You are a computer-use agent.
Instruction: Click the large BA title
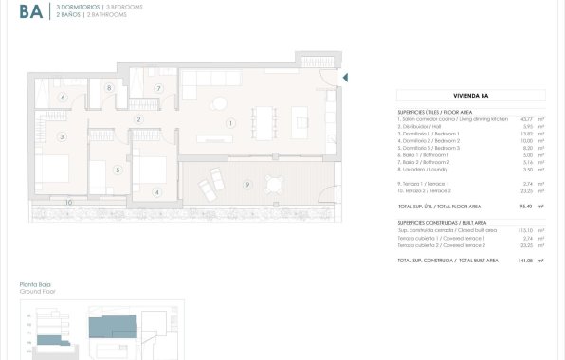click(30, 11)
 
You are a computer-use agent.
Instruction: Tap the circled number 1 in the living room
click(229, 122)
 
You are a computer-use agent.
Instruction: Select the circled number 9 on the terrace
click(246, 183)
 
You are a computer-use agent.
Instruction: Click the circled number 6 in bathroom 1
click(63, 97)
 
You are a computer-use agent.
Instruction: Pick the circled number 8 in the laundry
click(110, 88)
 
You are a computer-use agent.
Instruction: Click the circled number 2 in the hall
click(139, 119)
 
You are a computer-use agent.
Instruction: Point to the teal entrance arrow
click(345, 78)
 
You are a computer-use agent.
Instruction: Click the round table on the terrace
click(275, 183)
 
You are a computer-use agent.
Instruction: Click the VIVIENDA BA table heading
click(471, 95)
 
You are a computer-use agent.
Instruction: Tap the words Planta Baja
click(33, 284)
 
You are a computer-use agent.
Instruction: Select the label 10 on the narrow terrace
click(68, 202)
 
